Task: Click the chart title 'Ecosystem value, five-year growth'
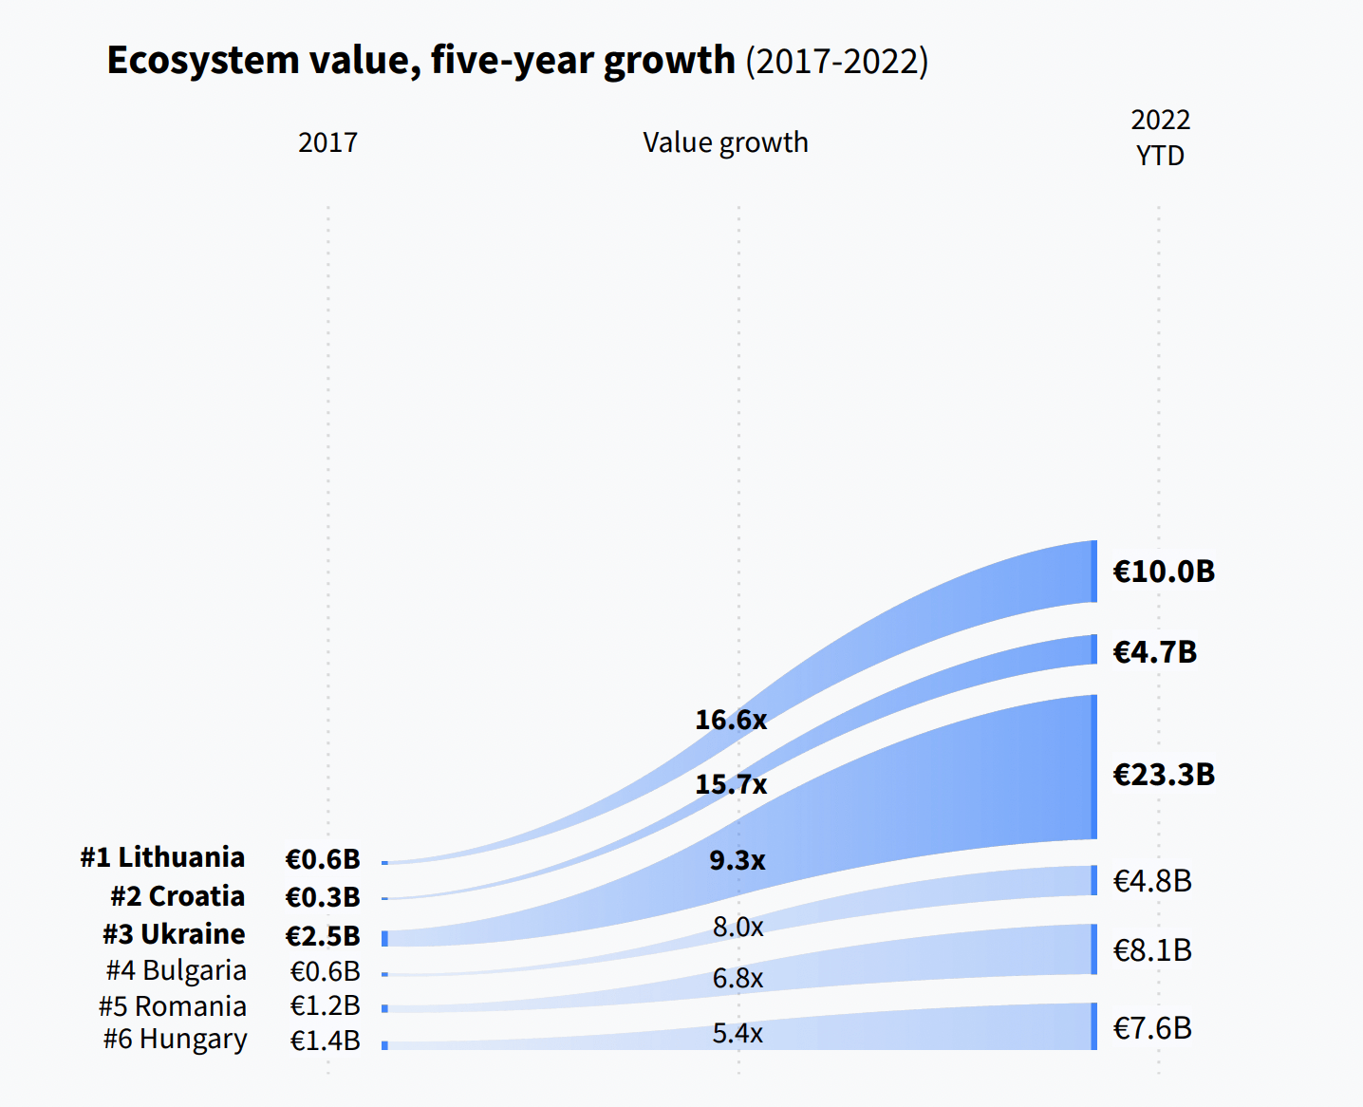tap(420, 61)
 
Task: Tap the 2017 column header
tap(327, 142)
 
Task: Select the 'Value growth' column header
tap(725, 142)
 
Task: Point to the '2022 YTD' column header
tap(1160, 138)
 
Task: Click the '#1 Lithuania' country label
tap(162, 857)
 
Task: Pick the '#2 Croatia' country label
tap(177, 896)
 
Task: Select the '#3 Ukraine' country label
tap(174, 934)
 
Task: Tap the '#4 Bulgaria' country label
tap(177, 970)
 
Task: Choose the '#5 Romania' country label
tap(173, 1006)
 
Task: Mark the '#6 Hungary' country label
tap(176, 1040)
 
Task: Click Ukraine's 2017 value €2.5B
tap(323, 936)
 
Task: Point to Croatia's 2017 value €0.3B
tap(323, 897)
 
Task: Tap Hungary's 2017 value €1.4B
tap(325, 1041)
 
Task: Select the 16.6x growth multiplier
tap(730, 720)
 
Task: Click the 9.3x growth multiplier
tap(738, 860)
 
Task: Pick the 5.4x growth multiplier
tap(738, 1033)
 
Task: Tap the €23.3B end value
tap(1164, 775)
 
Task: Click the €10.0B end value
tap(1164, 572)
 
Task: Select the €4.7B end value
tap(1154, 652)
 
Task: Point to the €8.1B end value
tap(1152, 950)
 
